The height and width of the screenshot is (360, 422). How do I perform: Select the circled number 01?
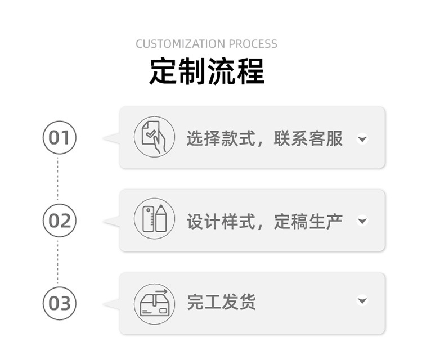pos(59,137)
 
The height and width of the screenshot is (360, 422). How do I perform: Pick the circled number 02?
pos(59,220)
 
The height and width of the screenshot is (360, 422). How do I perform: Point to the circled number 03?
pos(59,303)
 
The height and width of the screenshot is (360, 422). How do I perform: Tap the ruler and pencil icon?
pos(154,219)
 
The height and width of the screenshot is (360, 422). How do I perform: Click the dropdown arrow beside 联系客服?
pos(362,138)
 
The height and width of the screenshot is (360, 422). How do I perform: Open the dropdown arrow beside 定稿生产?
pos(362,221)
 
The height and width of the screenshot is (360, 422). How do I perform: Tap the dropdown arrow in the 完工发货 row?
pos(362,301)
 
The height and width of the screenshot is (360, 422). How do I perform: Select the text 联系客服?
pos(308,138)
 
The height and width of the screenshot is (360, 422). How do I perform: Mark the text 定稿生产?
pos(308,221)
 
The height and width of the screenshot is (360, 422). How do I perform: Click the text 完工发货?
pos(222,302)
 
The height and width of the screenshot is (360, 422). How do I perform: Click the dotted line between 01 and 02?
pos(57,179)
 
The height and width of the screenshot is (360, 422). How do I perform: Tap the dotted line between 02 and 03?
pos(57,262)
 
